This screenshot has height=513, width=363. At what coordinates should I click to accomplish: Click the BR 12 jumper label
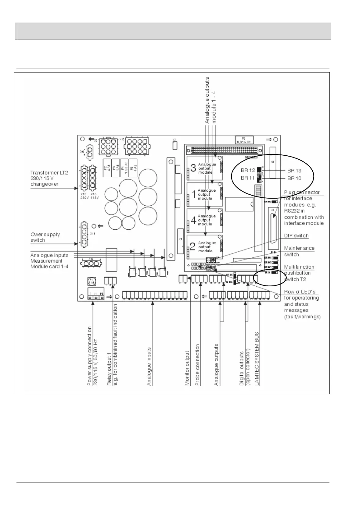tap(248, 170)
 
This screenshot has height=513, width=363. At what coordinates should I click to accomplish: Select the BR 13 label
tap(294, 171)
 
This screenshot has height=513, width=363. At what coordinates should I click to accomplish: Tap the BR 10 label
tap(294, 178)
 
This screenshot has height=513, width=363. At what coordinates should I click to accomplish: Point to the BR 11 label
tap(248, 178)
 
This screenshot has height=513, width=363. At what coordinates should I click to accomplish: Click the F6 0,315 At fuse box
tap(244, 140)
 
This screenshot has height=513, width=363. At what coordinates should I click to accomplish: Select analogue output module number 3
tap(205, 168)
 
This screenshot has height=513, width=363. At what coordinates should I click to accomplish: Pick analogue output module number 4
tap(205, 220)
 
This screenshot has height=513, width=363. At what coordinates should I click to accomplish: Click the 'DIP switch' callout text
tap(296, 236)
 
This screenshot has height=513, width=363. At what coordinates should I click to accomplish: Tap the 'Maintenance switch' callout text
tap(299, 251)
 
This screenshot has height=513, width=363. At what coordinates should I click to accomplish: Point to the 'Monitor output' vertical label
tap(187, 368)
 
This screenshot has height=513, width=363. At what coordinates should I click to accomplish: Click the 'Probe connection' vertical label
tap(197, 365)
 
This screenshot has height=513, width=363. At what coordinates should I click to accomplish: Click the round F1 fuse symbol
tap(91, 281)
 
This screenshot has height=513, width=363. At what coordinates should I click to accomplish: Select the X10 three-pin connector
tap(90, 263)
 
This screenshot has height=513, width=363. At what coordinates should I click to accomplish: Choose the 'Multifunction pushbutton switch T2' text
tap(299, 273)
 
